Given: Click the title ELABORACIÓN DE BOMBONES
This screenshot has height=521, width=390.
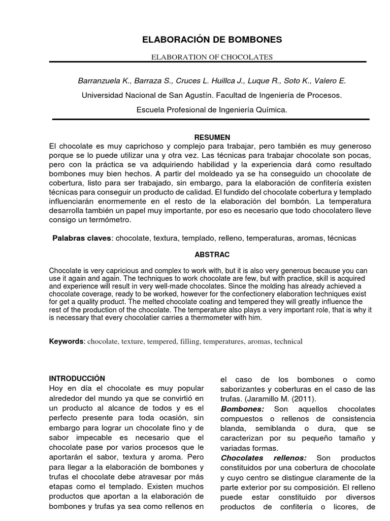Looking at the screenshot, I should [212, 40].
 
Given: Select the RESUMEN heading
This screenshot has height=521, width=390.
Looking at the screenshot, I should [212, 137].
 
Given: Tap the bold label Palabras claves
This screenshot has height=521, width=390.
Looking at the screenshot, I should [81, 238].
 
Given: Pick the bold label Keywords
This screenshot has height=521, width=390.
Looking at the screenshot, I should [66, 341].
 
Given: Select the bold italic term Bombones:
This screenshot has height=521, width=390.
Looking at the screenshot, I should [243, 409].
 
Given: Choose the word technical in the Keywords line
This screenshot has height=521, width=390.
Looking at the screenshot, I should [288, 341].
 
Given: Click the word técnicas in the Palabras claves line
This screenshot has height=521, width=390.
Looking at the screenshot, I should [342, 238].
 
